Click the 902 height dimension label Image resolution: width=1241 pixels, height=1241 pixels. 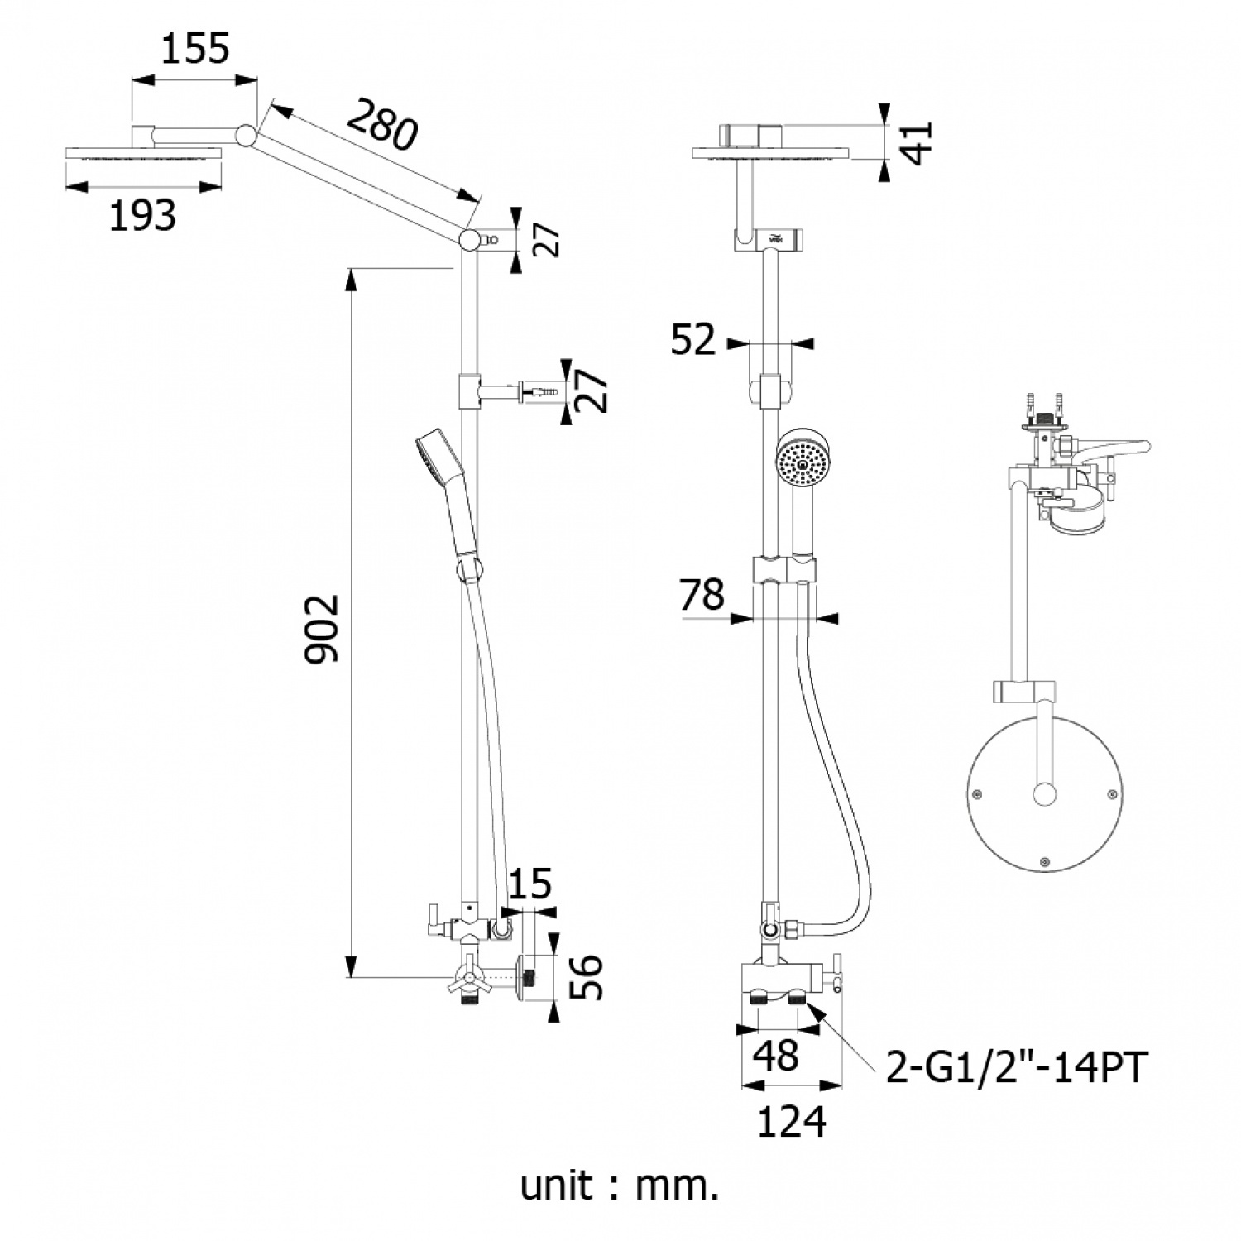[323, 627]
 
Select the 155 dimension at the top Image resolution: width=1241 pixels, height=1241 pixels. [195, 50]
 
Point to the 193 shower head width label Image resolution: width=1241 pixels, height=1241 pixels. [143, 215]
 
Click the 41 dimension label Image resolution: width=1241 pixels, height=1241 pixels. [918, 142]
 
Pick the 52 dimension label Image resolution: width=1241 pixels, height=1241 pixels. [692, 339]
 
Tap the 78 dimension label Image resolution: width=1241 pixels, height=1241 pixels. [702, 594]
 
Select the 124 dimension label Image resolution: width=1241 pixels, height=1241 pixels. [792, 1122]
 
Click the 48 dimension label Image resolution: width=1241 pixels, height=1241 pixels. [777, 1056]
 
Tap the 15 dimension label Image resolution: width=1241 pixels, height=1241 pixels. [530, 884]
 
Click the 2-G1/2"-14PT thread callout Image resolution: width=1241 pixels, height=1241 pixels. [1017, 1067]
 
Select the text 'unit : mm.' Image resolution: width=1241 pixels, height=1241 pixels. [619, 1186]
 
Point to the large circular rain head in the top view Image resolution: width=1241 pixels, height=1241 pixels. [1045, 796]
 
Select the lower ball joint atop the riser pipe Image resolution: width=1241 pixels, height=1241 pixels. [469, 240]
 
